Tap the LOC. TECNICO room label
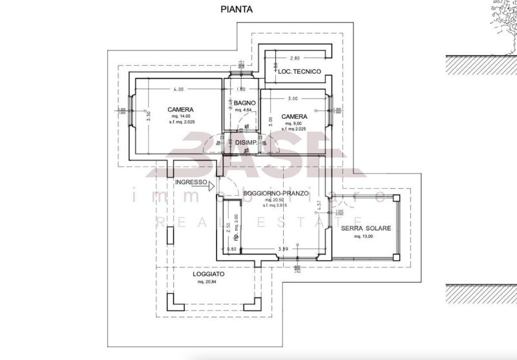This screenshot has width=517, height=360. coord(296,72)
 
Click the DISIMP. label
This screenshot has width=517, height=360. coord(246,143)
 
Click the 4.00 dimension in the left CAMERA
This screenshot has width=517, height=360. coord(178,89)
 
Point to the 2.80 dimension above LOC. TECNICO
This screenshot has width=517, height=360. coord(295,58)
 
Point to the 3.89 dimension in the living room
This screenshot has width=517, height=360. coord(282,249)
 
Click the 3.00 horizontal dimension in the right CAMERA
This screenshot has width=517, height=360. coord(293,98)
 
